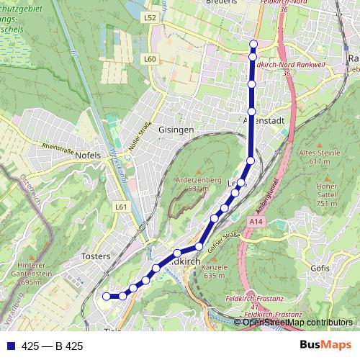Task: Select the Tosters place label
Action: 96,256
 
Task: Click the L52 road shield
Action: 150,16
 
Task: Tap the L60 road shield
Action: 150,59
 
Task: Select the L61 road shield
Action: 121,207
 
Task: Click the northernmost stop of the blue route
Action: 253,45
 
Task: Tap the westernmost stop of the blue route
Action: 107,296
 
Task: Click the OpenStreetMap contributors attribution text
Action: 297,322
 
